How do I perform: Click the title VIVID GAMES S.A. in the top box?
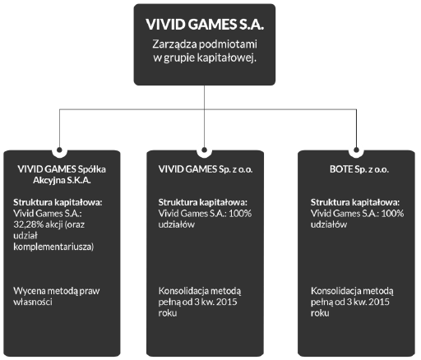click(205, 24)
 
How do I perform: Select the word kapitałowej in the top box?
click(227, 58)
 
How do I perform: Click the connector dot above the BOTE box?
click(356, 150)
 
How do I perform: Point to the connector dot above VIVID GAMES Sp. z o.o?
click(204, 150)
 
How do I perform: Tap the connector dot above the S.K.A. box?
click(59, 150)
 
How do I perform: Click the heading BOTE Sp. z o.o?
click(359, 169)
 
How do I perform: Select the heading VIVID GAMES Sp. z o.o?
click(206, 169)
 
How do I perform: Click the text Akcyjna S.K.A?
click(62, 181)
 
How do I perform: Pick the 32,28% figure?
click(29, 224)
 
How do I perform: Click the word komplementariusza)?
click(53, 247)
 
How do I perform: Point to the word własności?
click(33, 302)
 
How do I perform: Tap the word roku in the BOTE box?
click(320, 313)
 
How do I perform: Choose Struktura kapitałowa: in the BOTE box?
click(355, 202)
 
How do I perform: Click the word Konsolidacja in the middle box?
click(183, 291)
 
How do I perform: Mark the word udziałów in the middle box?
click(177, 224)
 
